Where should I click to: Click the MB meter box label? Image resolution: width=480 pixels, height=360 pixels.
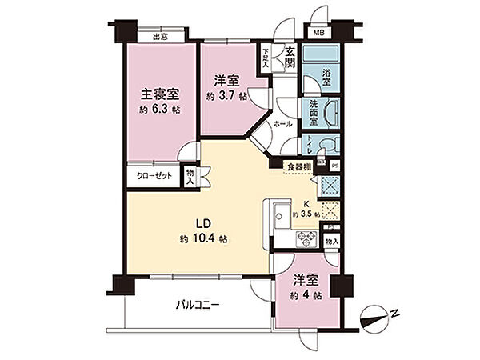pyautogui.click(x=318, y=33)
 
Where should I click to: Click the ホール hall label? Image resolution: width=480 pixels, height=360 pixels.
pyautogui.click(x=282, y=125)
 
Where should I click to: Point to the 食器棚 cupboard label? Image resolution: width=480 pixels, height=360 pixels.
pyautogui.click(x=299, y=167)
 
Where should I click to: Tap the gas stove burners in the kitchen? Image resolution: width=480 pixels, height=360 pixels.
pyautogui.click(x=306, y=238)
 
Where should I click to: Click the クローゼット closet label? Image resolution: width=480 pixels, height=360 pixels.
pyautogui.click(x=152, y=174)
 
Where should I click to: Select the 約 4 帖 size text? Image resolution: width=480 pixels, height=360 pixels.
pyautogui.click(x=307, y=297)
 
